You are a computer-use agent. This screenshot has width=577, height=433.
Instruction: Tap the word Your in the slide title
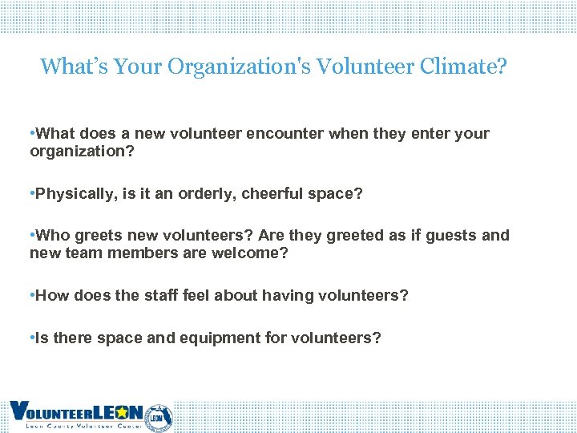tap(139, 66)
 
